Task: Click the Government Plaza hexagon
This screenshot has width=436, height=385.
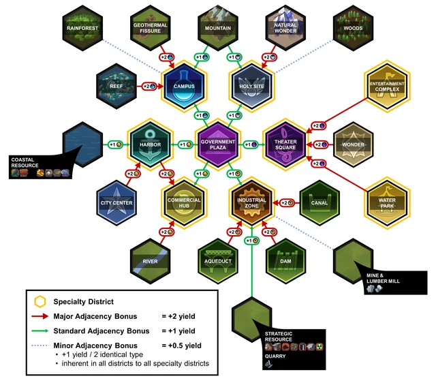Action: [x=218, y=144]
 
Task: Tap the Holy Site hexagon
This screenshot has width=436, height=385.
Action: [x=251, y=86]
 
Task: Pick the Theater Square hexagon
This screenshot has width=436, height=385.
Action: [x=285, y=144]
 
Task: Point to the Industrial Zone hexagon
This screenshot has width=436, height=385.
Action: [x=251, y=202]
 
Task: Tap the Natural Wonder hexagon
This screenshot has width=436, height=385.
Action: [x=285, y=28]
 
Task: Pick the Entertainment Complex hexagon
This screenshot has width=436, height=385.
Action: [x=386, y=86]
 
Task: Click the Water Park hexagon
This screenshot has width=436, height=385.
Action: [x=386, y=202]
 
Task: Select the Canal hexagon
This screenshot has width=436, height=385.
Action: [x=319, y=202]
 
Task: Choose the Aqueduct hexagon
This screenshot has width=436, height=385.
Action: [x=218, y=260]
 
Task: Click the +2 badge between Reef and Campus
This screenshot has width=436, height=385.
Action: [x=147, y=87]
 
